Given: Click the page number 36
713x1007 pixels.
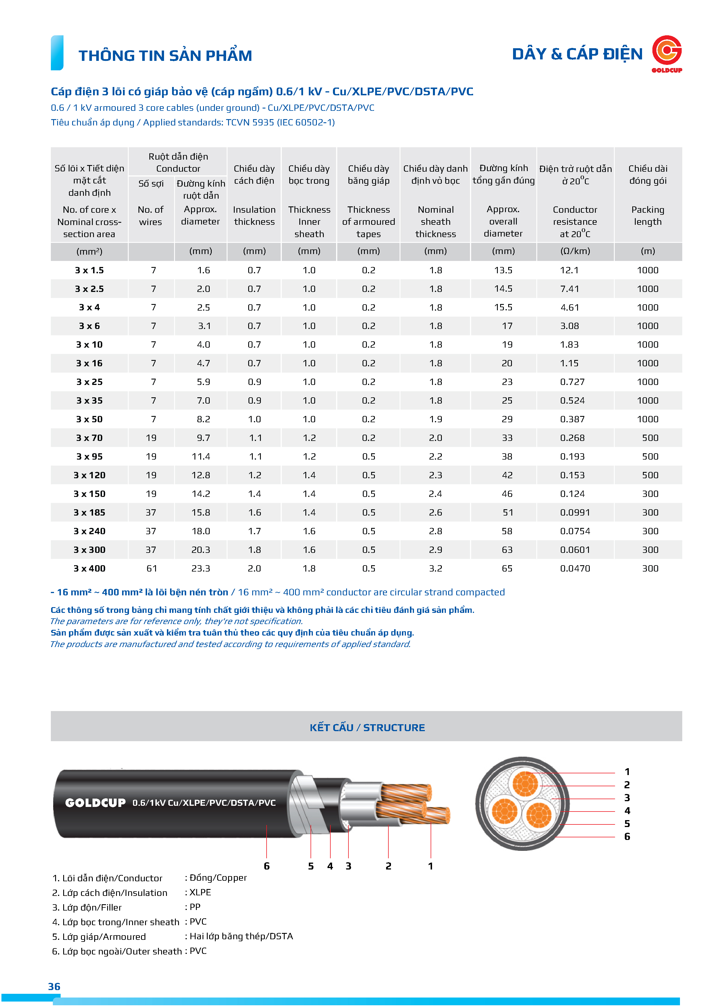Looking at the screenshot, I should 54,986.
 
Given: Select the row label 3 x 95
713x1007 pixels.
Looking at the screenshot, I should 90,457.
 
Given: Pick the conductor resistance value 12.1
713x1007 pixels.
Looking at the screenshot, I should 569,270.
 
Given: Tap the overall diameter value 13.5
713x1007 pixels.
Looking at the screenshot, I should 503,270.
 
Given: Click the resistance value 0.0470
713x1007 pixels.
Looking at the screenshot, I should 575,568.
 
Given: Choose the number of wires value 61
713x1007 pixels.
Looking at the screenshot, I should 151,568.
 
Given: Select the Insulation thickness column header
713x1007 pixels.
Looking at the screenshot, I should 254,215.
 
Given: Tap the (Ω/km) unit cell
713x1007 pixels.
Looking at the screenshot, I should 575,251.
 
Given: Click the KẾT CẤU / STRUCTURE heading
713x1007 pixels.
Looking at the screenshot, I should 367,728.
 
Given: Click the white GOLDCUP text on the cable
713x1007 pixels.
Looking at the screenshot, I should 95,803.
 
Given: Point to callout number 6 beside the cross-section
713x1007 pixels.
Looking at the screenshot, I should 627,836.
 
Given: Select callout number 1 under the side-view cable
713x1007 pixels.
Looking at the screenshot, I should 431,866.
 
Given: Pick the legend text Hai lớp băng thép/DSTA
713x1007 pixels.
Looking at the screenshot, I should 241,936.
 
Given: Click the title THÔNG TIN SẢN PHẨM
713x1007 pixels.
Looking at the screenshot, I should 165,56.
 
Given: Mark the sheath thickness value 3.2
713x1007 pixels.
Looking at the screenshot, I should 435,568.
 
